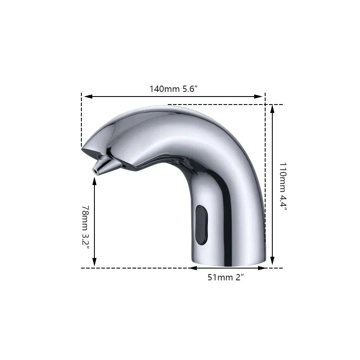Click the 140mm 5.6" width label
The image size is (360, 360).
[x=173, y=89]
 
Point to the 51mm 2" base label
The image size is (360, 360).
[x=226, y=277]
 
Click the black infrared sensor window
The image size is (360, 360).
[x=201, y=225]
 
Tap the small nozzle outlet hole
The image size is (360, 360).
[x=95, y=171]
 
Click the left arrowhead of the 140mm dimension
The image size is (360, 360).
[x=89, y=97]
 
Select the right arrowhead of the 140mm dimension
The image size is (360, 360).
[x=258, y=97]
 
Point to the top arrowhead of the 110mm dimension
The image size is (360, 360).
[x=272, y=109]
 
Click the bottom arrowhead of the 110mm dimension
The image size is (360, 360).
[x=272, y=261]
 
